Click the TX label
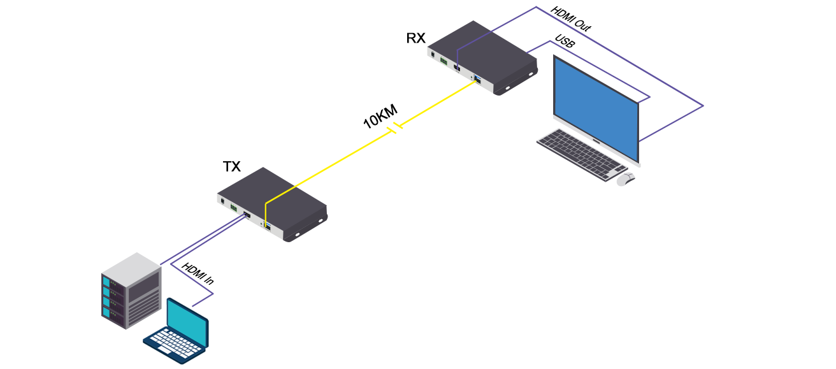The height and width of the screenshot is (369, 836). pos(231,167)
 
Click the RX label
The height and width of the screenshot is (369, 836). pos(415,38)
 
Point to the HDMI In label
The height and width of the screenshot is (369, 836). pos(197,274)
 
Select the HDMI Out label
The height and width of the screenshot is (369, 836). pos(571,19)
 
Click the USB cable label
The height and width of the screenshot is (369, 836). pos(565,43)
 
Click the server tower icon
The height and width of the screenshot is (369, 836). pos(131,290)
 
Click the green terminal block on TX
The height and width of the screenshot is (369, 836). pos(234,208)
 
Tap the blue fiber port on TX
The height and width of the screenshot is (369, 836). pos(268,226)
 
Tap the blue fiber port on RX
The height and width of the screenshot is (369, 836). pos(477,80)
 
